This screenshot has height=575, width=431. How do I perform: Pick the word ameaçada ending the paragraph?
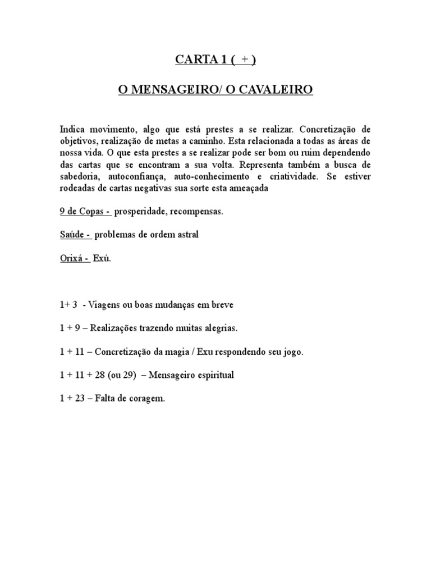pos(247,189)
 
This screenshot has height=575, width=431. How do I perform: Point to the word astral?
pos(186,235)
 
